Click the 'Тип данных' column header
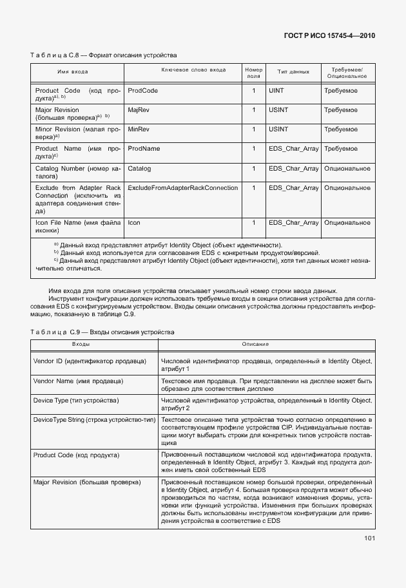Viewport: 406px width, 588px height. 293,72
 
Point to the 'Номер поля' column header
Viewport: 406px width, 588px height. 253,72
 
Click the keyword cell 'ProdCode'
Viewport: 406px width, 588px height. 142,91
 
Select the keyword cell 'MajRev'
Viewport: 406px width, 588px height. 139,111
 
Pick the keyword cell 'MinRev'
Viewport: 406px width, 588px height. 138,129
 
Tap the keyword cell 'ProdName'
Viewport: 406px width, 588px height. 144,149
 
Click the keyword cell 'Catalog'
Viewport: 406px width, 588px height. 139,169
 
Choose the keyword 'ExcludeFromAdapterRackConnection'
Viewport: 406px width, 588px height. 182,188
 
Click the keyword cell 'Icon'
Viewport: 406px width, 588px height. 134,223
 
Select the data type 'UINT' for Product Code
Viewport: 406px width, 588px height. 276,91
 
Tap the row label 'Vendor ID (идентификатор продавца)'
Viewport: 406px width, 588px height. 89,361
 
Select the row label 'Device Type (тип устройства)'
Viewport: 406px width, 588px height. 76,401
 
